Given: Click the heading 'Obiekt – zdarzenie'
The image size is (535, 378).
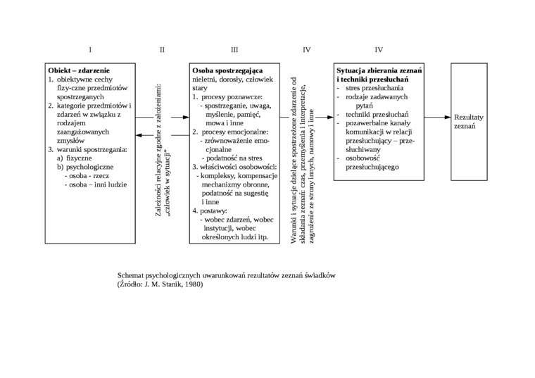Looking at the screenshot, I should pyautogui.click(x=79, y=71).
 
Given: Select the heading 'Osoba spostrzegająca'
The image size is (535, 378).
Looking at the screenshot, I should pyautogui.click(x=227, y=71).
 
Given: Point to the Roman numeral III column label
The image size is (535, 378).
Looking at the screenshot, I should pyautogui.click(x=234, y=50).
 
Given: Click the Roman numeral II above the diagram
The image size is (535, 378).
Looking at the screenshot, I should pyautogui.click(x=162, y=50).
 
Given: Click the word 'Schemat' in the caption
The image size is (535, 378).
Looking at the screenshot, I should pyautogui.click(x=131, y=275).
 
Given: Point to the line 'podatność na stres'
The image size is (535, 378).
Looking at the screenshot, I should pyautogui.click(x=232, y=158).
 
